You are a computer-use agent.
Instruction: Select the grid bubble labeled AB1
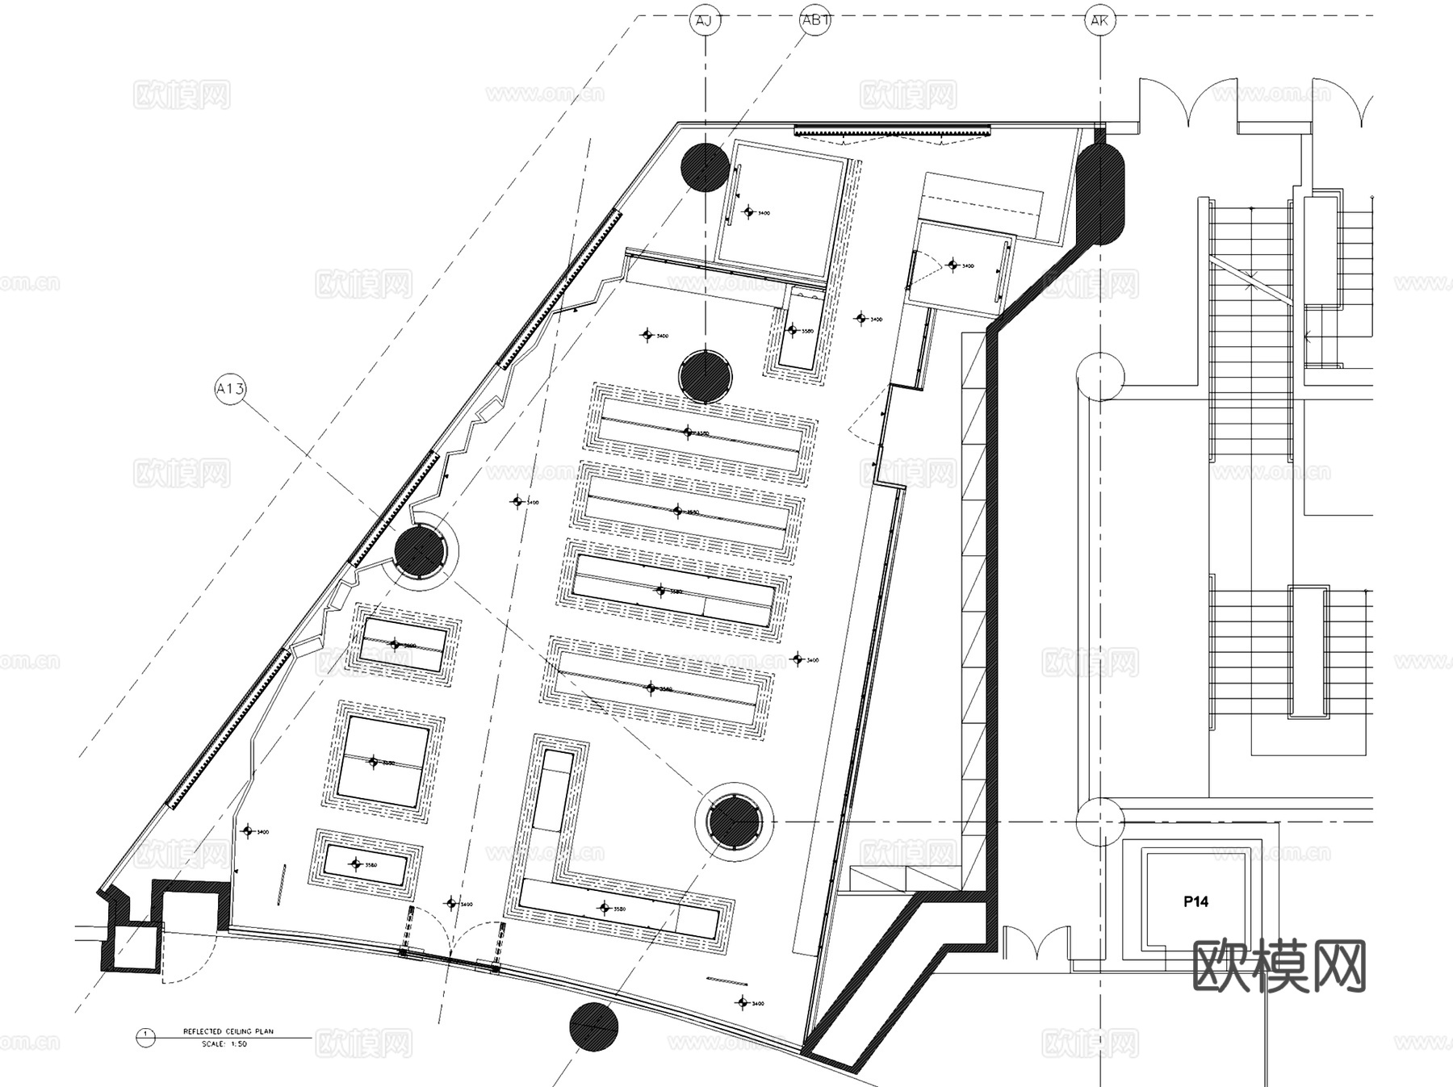(814, 20)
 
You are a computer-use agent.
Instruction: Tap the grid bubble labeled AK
(1099, 20)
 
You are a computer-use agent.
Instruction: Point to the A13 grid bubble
(230, 390)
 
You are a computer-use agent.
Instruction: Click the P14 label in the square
(1195, 901)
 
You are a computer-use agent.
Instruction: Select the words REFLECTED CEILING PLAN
(228, 1031)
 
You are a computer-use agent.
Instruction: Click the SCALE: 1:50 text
(224, 1043)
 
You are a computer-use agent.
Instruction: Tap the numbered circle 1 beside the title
(145, 1036)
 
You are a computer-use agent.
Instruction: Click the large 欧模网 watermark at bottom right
(1279, 965)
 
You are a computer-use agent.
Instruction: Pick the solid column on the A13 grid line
(420, 551)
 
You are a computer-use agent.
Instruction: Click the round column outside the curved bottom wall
(593, 1026)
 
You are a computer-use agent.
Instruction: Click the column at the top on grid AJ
(705, 167)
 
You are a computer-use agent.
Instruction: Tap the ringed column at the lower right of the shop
(734, 822)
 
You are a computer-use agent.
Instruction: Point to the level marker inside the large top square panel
(748, 212)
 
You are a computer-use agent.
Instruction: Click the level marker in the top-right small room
(953, 265)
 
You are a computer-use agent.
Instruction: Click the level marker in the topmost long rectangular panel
(688, 433)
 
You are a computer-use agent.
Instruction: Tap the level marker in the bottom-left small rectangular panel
(356, 864)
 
